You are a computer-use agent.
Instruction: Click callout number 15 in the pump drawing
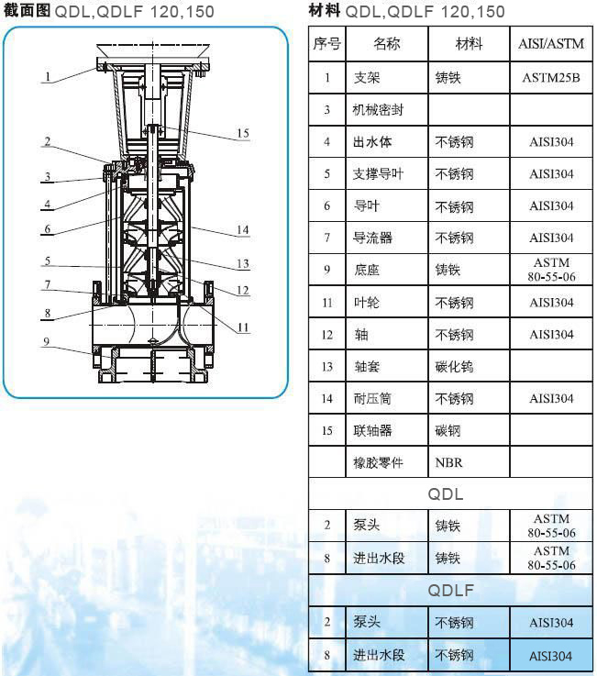243,133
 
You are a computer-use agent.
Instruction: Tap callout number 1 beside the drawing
48,77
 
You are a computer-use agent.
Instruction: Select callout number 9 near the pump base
47,342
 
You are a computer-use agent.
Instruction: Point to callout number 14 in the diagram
243,230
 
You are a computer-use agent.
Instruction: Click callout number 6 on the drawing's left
48,229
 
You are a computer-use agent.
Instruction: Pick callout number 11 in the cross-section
243,327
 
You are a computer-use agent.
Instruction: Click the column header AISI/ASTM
551,43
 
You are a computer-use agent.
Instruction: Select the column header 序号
326,43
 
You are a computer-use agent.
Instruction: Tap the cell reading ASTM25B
551,78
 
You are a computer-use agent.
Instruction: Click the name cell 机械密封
378,110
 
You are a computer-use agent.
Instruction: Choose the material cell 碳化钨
454,367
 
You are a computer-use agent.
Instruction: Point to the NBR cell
448,462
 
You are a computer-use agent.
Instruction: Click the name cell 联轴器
372,430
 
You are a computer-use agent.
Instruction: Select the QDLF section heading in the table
450,590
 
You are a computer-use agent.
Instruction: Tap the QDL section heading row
446,494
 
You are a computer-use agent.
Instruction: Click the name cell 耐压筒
372,398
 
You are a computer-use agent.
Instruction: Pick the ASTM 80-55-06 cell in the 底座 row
551,270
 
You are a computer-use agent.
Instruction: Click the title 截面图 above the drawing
27,10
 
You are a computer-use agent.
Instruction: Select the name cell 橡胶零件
378,462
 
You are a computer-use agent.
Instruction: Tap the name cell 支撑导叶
378,173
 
